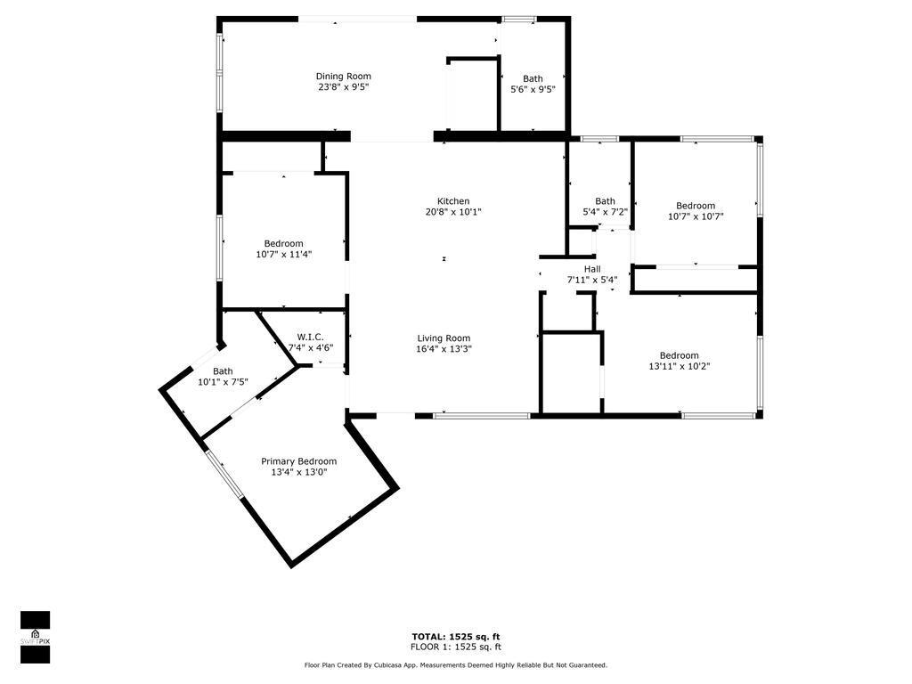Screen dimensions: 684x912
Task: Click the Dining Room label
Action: [343, 77]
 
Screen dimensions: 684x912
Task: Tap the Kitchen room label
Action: [452, 201]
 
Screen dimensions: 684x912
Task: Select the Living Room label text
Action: [444, 338]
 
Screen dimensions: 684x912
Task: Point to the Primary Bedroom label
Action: [298, 461]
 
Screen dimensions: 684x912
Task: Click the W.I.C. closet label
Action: [310, 337]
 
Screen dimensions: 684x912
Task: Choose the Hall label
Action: [592, 269]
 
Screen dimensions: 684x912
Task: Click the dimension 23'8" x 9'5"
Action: [343, 87]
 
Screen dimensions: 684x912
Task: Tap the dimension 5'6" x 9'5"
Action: [533, 89]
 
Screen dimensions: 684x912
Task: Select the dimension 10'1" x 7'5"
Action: [223, 382]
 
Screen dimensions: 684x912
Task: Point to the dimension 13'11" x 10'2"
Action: [679, 366]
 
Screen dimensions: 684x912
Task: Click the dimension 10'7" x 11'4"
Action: [283, 254]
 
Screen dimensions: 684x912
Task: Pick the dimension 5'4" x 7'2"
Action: [605, 212]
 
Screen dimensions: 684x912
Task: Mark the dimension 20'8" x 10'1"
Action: [452, 212]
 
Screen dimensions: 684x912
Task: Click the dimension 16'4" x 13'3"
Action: [444, 349]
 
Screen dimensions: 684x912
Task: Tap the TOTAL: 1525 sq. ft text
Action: [455, 637]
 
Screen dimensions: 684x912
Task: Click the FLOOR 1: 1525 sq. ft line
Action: [455, 647]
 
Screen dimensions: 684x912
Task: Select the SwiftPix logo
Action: [35, 638]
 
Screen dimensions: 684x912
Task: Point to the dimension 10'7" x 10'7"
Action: [695, 216]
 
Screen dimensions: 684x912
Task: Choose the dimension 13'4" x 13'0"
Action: [298, 472]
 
